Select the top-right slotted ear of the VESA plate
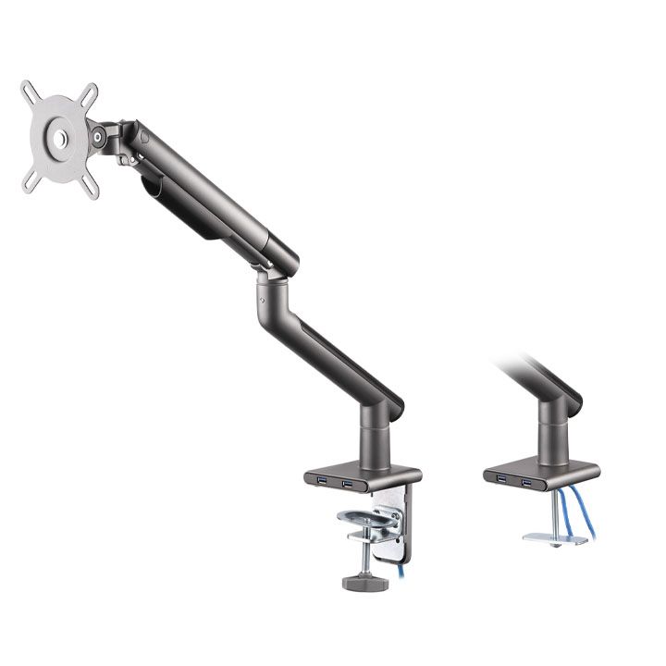pyautogui.click(x=89, y=92)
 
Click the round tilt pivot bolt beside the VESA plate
pyautogui.click(x=97, y=138)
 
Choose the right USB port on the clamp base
pyautogui.click(x=348, y=484)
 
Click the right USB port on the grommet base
pyautogui.click(x=525, y=481)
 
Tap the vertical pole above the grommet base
pyautogui.click(x=555, y=430)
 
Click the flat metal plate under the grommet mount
pyautogui.click(x=555, y=538)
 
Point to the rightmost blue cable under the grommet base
pyautogui.click(x=586, y=513)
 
